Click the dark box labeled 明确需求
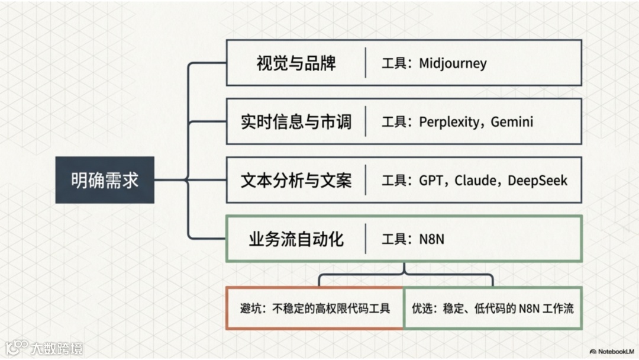[105, 180]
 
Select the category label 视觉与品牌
[296, 63]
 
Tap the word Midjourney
[453, 63]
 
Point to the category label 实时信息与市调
[296, 122]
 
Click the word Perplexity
[448, 122]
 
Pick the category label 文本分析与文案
[296, 180]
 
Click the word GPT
[431, 180]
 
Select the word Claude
[475, 180]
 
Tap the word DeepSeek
[537, 180]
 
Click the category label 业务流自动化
[296, 239]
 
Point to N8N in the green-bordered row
[432, 239]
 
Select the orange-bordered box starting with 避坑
[315, 308]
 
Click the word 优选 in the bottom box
[422, 308]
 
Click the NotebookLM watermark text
[615, 351]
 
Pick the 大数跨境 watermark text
[57, 348]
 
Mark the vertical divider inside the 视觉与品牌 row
[365, 63]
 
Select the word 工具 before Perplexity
[393, 122]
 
